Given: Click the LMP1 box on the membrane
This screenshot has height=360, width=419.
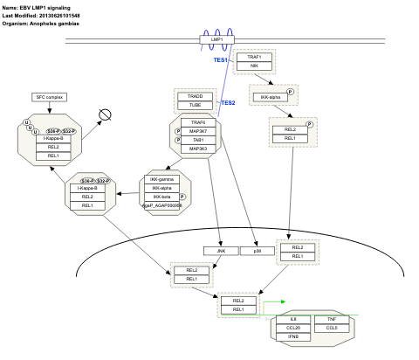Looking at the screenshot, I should [216, 40].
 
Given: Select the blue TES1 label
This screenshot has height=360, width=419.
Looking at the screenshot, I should [221, 60].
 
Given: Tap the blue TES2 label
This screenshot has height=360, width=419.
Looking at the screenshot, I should [228, 103].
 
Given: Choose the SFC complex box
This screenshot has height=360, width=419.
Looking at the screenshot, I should [51, 96].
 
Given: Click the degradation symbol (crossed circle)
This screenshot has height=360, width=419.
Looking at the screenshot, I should [106, 114].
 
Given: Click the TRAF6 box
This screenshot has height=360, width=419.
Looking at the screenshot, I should [197, 122].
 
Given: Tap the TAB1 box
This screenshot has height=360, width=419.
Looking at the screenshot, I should [197, 140].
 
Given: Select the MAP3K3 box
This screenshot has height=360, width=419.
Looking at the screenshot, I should [197, 149].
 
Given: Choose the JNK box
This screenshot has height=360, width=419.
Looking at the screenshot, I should [220, 250].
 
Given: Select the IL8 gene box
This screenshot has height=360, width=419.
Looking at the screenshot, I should [292, 319].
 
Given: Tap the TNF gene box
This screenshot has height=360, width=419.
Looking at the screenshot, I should [332, 319].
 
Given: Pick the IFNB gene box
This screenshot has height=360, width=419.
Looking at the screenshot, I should [292, 336].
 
